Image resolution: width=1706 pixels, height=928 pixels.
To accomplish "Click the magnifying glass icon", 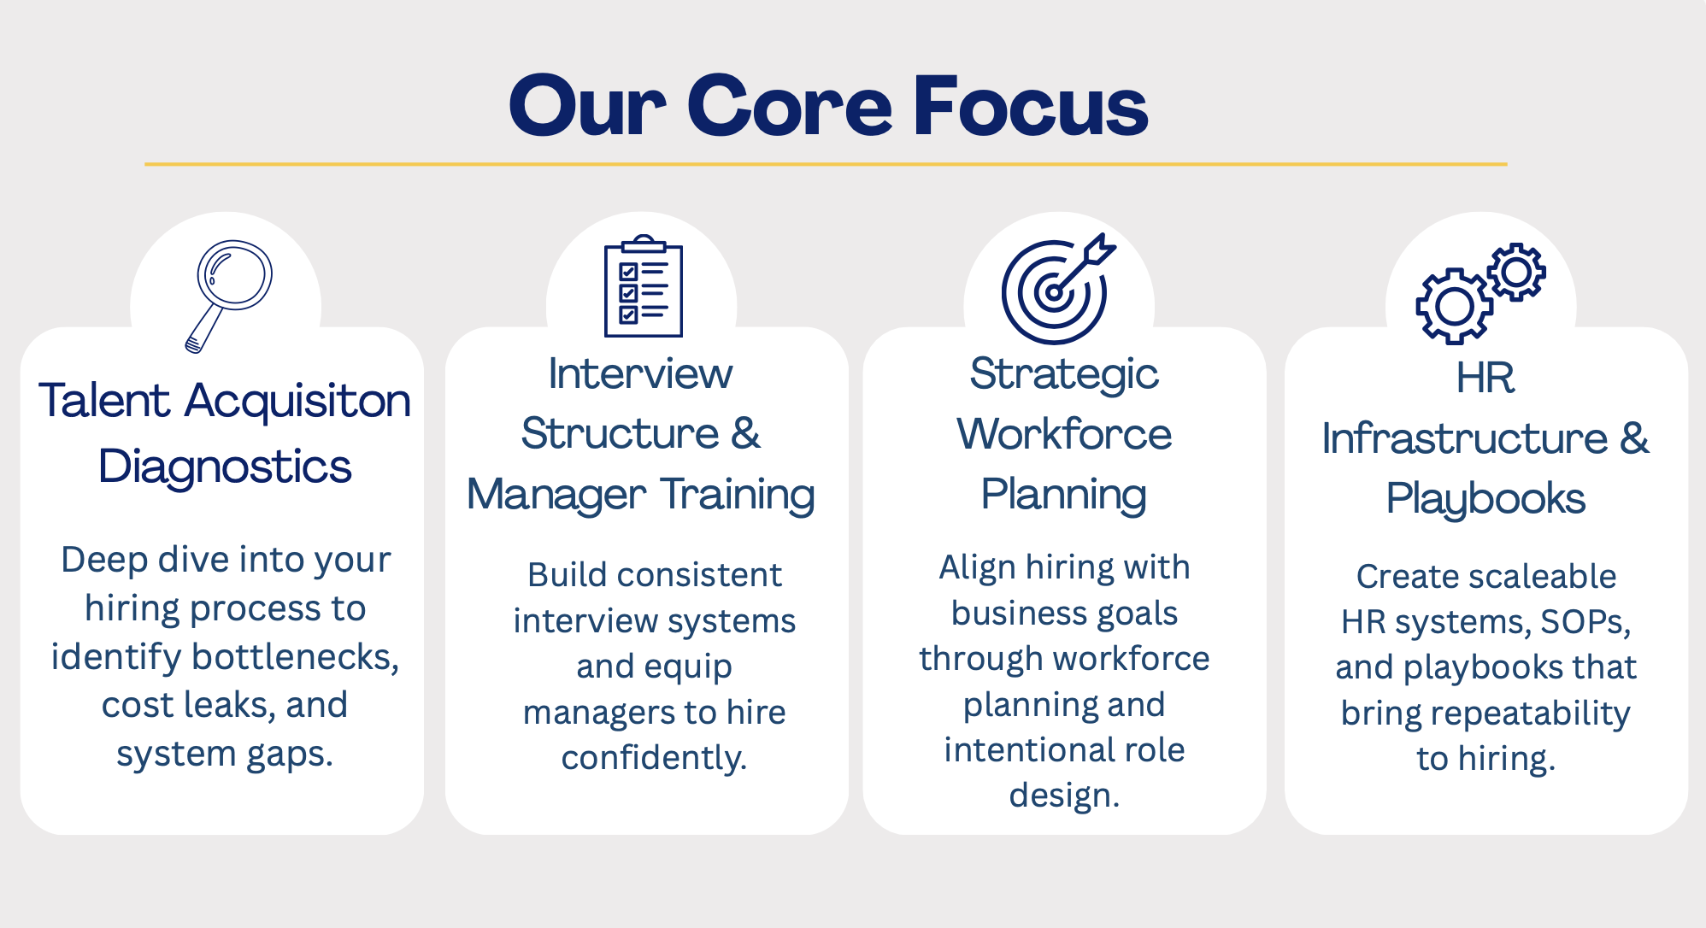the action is pos(228,296).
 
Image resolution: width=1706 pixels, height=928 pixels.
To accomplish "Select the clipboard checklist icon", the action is pos(643,285).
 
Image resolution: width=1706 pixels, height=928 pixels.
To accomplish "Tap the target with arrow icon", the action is pos(1058,289).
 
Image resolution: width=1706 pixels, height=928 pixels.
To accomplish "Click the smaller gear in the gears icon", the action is pos(1517,273).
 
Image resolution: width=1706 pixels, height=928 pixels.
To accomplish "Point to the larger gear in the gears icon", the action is pos(1455,306).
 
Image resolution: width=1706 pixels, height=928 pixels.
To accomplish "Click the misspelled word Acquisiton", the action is pos(297,401).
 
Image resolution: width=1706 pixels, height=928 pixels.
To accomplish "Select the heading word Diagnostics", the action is pos(225,467).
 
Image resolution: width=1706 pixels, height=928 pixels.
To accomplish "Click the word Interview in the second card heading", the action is pos(640,373).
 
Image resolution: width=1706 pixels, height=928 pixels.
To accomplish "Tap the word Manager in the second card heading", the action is pos(556,495).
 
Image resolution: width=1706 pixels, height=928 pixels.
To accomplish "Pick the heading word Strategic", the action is pos(1064,374).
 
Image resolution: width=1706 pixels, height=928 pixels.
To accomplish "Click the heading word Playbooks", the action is pos(1485,498).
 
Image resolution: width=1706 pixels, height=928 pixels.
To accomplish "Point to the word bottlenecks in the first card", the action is pos(296,656).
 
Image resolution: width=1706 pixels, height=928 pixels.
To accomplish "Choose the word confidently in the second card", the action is pos(654,758).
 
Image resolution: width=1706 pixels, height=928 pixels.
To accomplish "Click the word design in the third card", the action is pos(1064,796).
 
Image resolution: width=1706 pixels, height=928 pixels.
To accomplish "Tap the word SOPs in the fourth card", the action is pos(1585,622).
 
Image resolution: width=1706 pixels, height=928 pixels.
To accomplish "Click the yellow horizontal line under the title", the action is pos(826,164).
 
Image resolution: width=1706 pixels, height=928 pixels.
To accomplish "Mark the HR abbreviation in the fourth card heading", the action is pos(1485,378).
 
